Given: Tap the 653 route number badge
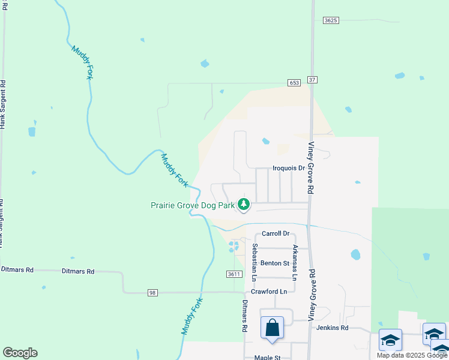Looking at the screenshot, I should click(x=294, y=83).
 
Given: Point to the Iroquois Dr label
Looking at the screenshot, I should click(x=289, y=169).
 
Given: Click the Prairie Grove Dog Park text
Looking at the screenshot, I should click(x=192, y=205).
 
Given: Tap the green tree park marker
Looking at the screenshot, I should click(x=244, y=205).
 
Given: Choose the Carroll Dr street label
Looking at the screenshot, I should click(x=276, y=233).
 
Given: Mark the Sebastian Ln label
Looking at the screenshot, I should click(x=255, y=262).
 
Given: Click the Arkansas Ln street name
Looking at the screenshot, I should click(x=295, y=262).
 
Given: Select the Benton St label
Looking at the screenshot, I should click(x=275, y=263).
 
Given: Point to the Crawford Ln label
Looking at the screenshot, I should click(x=269, y=292).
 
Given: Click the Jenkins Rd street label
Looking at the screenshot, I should click(x=336, y=328).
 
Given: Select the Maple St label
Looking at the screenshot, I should click(x=267, y=358).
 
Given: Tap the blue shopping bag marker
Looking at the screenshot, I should click(x=272, y=329).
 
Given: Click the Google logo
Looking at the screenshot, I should click(x=20, y=353).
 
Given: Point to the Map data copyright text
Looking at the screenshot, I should click(x=411, y=355).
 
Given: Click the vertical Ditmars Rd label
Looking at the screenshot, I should click(x=245, y=316).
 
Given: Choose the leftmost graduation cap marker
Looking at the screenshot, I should click(x=390, y=340).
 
